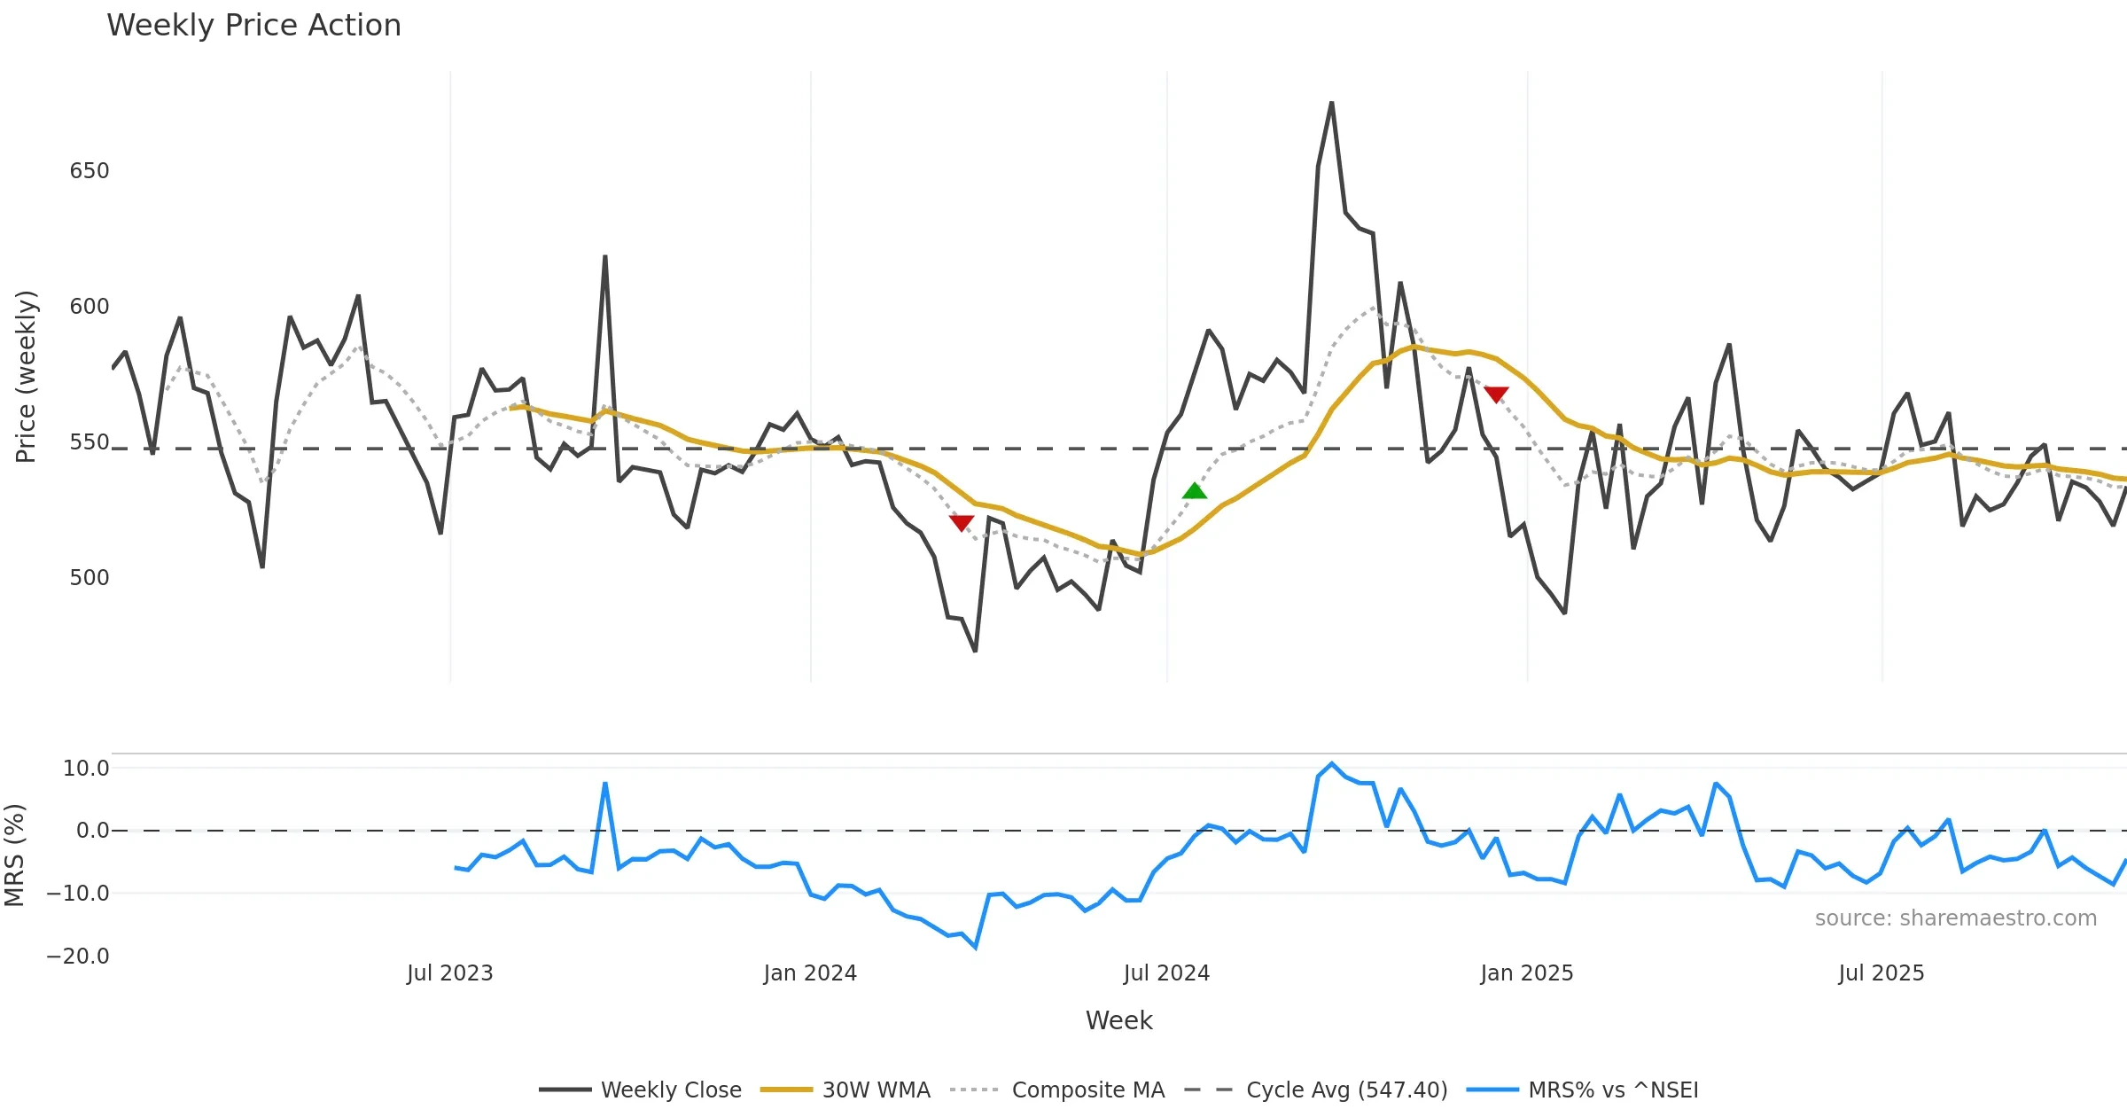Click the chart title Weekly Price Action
(x=253, y=26)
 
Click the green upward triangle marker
(x=1195, y=491)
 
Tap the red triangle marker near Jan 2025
(x=1496, y=394)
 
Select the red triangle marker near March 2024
(x=962, y=523)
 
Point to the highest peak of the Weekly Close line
(x=1331, y=104)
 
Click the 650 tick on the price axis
(x=89, y=171)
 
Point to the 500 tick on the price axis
(x=89, y=578)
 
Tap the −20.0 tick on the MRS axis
(x=78, y=957)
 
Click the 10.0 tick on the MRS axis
(x=85, y=769)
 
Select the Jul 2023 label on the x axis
(x=450, y=973)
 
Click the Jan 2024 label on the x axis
(x=810, y=973)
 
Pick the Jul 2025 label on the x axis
(x=1882, y=973)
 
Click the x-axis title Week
(x=1118, y=1021)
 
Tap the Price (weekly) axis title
(x=26, y=377)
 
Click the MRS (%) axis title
(x=14, y=855)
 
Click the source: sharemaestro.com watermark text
(x=1955, y=918)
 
